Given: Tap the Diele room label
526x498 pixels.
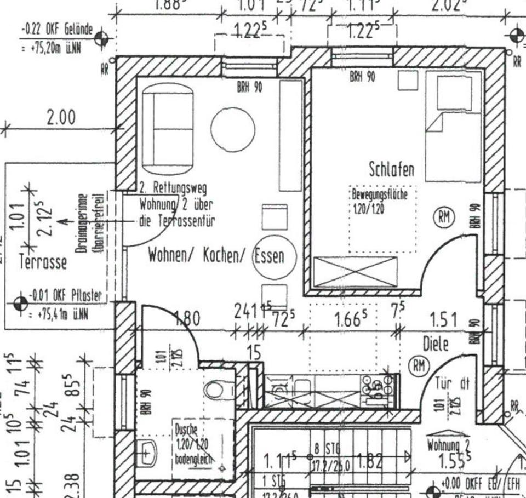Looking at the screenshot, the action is (436, 344).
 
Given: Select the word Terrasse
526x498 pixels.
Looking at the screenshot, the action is (43, 262).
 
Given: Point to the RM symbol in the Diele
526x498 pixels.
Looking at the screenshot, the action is (419, 365).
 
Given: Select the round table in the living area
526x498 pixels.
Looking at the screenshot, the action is (233, 129).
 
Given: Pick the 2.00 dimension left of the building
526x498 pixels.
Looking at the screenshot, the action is (61, 118).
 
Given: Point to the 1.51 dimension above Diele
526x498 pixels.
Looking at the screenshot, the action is (444, 320).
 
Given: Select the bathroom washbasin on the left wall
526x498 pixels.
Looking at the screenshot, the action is (146, 452).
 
